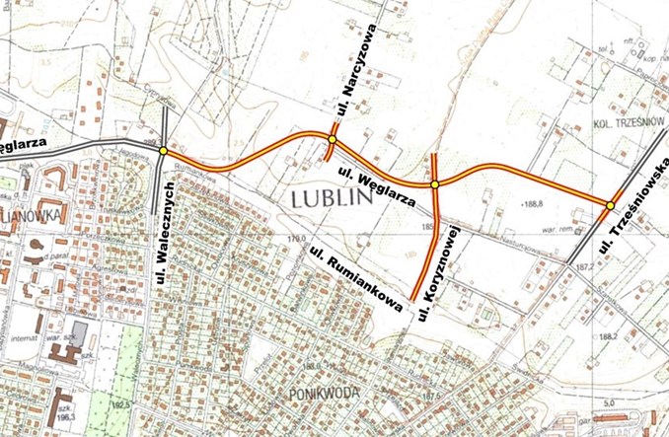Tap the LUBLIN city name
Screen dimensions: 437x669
click(331, 197)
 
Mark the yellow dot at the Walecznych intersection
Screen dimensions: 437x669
click(163, 151)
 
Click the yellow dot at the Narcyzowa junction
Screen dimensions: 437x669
click(333, 140)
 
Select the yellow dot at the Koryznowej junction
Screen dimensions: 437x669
click(434, 184)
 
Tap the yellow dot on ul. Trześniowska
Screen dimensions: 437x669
click(611, 205)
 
